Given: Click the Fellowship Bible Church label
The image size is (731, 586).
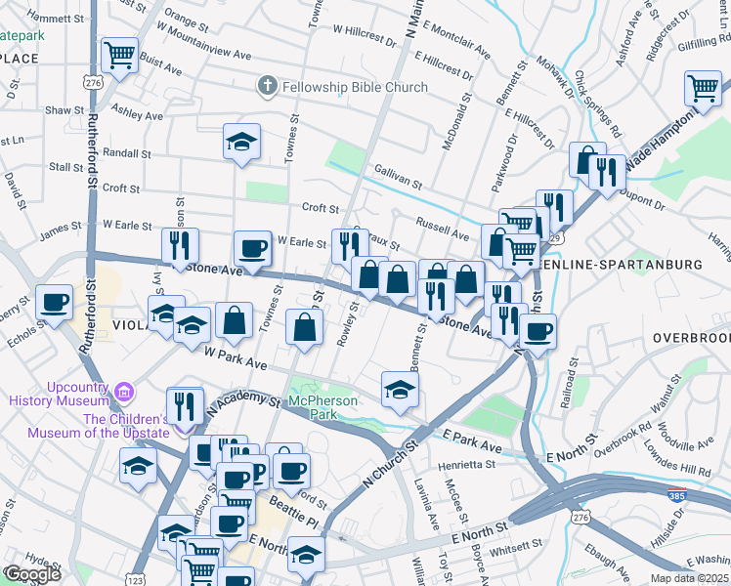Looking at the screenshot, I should (x=355, y=87).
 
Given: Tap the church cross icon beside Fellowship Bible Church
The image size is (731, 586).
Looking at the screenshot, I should (x=266, y=87).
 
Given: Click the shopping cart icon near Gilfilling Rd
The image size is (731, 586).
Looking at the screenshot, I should (x=703, y=88).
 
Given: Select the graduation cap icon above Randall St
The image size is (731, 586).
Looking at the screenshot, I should (x=241, y=142).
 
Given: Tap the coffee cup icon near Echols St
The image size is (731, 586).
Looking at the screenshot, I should (x=55, y=302).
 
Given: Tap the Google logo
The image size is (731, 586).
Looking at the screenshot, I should (x=31, y=573).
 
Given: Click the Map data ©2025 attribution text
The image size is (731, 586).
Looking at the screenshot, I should (x=689, y=578).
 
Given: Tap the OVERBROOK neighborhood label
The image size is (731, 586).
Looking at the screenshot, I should (x=692, y=338).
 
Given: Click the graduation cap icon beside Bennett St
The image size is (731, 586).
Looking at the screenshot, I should (x=400, y=390).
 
